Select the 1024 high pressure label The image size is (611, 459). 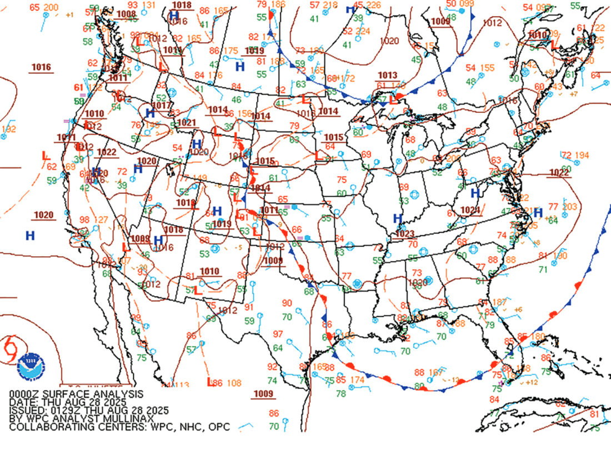(x=469, y=210)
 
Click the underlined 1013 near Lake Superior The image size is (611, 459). (x=388, y=75)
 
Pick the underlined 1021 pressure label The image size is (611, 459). (x=187, y=122)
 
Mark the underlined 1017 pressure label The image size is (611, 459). (x=161, y=105)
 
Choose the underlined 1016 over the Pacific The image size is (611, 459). (x=41, y=67)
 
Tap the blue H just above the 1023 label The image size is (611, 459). (x=397, y=218)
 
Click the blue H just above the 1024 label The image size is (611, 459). (x=475, y=193)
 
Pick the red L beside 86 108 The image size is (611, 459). (x=209, y=382)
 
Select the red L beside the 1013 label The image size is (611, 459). (x=393, y=100)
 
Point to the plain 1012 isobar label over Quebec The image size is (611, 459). (x=492, y=23)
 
